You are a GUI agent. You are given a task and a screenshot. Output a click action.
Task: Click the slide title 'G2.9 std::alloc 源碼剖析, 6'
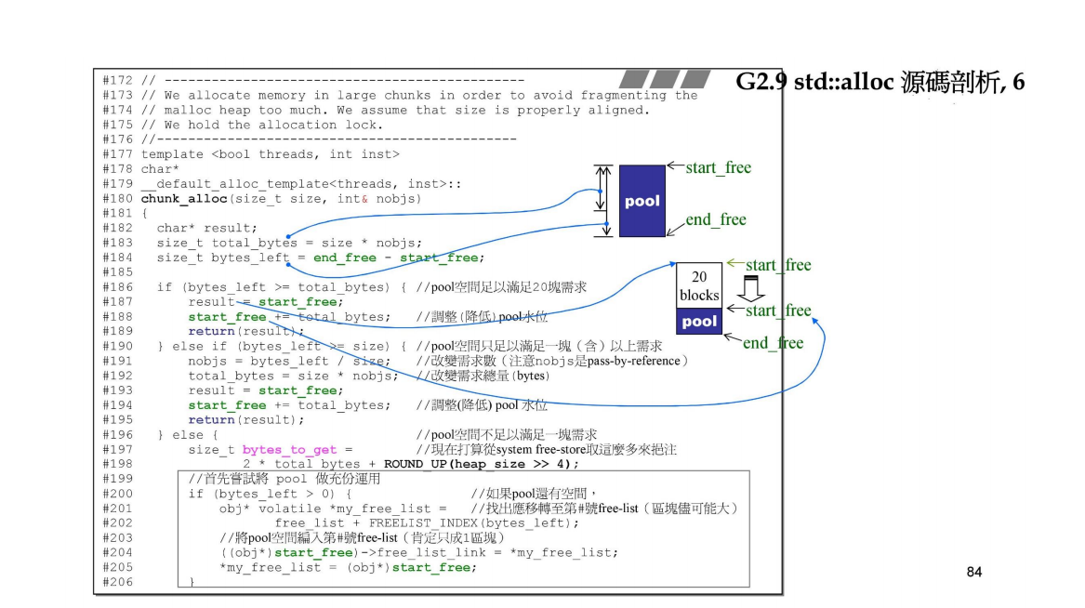(880, 82)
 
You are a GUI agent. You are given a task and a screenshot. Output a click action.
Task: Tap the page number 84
(973, 572)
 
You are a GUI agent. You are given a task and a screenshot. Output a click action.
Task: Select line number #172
(117, 81)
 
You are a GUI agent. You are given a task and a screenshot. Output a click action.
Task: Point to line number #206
(117, 582)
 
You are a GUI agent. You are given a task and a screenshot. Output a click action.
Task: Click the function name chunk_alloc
(183, 199)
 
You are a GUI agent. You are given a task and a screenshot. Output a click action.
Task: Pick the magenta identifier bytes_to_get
(289, 450)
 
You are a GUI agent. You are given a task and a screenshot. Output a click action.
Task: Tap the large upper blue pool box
(642, 201)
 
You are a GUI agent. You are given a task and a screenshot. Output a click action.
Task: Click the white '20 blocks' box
(699, 285)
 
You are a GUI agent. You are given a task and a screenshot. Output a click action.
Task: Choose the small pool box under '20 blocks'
(699, 322)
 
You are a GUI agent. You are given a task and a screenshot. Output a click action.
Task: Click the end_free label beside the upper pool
(716, 219)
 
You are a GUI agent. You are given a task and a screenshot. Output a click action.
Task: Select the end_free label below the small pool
(773, 343)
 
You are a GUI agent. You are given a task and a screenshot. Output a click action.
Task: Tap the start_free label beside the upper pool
(718, 167)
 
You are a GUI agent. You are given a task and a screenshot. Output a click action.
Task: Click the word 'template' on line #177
(172, 154)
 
